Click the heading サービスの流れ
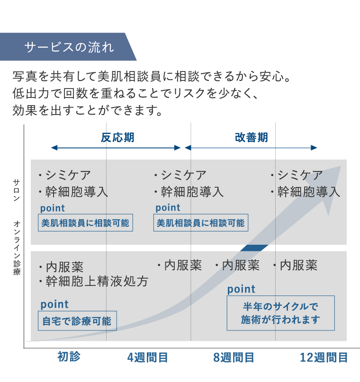pyautogui.click(x=69, y=47)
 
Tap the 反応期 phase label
pyautogui.click(x=117, y=137)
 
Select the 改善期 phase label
pyautogui.click(x=252, y=137)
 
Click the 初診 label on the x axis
pyautogui.click(x=69, y=357)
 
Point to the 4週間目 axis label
pyautogui.click(x=148, y=357)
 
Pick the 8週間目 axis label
pyautogui.click(x=234, y=357)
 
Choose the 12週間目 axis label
pyautogui.click(x=324, y=357)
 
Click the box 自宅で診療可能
pyautogui.click(x=77, y=321)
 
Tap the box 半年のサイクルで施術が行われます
pyautogui.click(x=280, y=313)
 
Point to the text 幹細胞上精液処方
pyautogui.click(x=97, y=282)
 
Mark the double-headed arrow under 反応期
pyautogui.click(x=116, y=148)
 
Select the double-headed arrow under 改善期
pyautogui.click(x=251, y=148)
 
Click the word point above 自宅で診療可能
pyautogui.click(x=54, y=304)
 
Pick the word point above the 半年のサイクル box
pyautogui.click(x=241, y=289)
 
